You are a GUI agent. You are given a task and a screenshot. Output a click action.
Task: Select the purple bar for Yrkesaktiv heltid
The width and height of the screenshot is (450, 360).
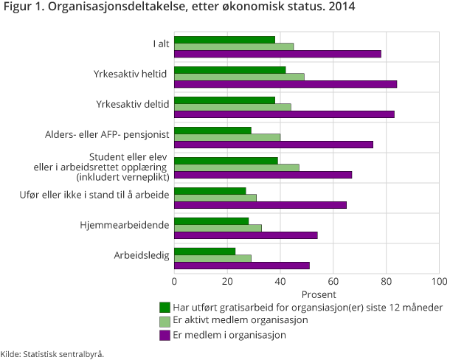[x=285, y=84]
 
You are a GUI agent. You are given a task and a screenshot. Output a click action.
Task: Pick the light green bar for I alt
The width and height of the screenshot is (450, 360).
[x=234, y=46]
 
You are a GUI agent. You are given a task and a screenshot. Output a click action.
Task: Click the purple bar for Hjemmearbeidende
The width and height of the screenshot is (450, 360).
[x=246, y=235]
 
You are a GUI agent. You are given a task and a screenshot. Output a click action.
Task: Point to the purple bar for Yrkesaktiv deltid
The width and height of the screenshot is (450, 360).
[x=284, y=114]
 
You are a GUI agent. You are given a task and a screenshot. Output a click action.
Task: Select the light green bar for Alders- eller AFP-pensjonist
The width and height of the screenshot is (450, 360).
[x=227, y=136]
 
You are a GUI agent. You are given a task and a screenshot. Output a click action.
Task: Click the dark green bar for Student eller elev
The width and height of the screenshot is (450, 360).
[x=226, y=160]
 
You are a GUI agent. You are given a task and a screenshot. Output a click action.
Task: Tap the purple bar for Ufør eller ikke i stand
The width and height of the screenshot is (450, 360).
[x=259, y=205]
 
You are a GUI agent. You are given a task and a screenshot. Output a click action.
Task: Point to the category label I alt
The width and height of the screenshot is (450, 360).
[x=161, y=44]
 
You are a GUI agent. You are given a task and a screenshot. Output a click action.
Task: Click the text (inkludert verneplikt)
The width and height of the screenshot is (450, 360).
[x=123, y=178]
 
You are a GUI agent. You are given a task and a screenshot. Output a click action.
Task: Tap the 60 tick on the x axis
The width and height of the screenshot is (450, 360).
[x=333, y=281]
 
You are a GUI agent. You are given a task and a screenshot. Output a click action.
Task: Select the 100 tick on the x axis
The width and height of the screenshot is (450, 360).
[x=439, y=281]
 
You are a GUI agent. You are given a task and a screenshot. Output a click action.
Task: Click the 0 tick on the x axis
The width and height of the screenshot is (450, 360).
[x=175, y=281]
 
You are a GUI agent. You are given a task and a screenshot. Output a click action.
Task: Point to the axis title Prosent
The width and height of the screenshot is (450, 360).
[x=307, y=293]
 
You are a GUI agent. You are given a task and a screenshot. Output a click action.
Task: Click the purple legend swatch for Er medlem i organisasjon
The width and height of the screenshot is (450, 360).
[x=165, y=334]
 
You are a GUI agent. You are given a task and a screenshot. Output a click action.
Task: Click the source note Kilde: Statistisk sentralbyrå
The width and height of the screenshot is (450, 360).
[x=52, y=353]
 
